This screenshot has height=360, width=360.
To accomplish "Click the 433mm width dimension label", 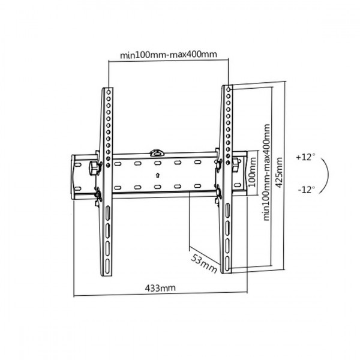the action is click(160, 287).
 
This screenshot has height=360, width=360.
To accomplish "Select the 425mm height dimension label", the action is click(278, 172).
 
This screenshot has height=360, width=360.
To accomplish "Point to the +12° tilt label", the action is click(305, 157).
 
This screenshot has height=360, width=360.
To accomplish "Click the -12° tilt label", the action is click(306, 190).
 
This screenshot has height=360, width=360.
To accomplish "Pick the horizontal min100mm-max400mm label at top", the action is click(169, 55).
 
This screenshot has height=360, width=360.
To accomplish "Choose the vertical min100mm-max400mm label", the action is click(266, 172).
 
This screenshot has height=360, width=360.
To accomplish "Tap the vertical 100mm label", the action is click(252, 172).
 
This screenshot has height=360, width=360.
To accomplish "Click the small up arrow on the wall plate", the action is click(157, 175).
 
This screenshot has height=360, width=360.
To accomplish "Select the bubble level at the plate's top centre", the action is click(157, 153).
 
